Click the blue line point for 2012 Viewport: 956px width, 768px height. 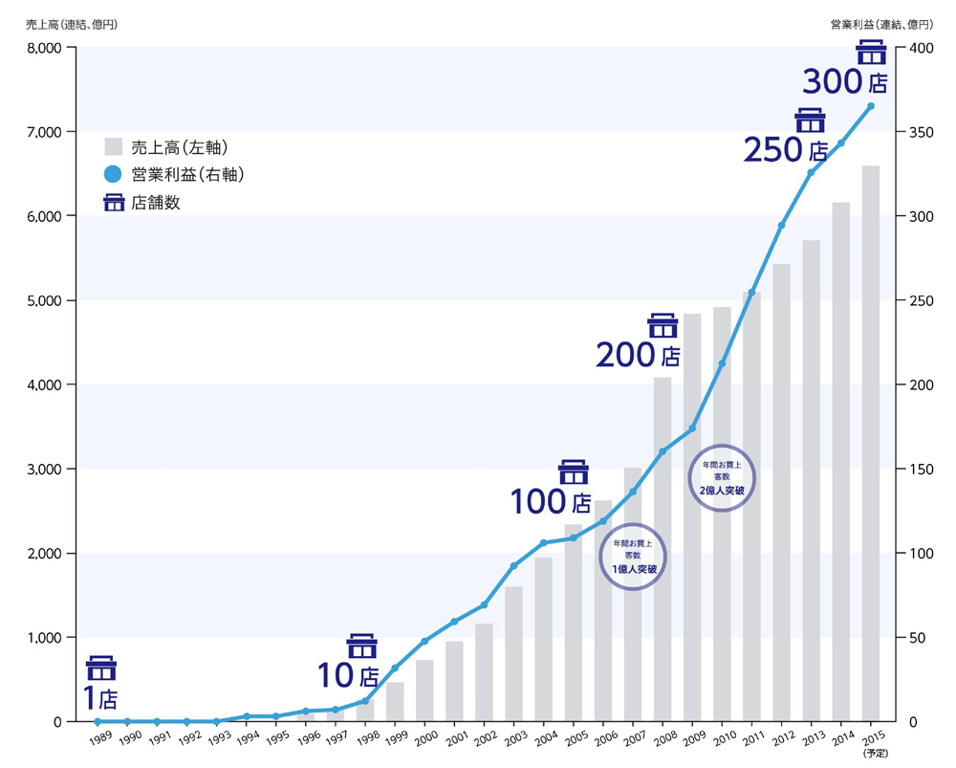(x=781, y=226)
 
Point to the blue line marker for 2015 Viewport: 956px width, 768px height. (x=870, y=106)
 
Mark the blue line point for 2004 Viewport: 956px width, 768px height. (x=543, y=543)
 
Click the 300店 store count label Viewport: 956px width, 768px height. (x=844, y=82)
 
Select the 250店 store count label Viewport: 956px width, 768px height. (x=786, y=150)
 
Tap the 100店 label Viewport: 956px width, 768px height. (x=551, y=501)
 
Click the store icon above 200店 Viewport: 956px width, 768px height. (x=663, y=325)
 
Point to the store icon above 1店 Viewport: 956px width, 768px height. (x=101, y=668)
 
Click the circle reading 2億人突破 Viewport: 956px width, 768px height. (x=722, y=476)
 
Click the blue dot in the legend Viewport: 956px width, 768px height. (x=114, y=174)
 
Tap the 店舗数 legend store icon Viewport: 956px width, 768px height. (x=114, y=203)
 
